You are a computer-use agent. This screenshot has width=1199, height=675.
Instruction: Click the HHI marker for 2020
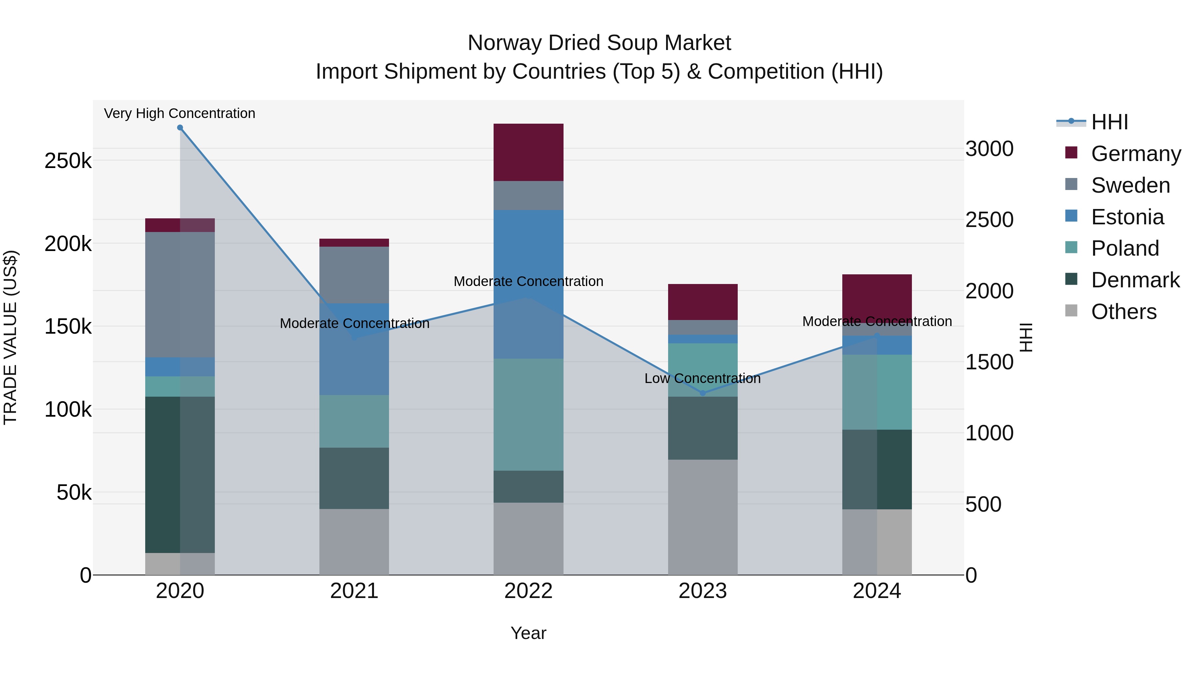coord(180,128)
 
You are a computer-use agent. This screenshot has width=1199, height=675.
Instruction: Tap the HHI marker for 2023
coord(703,393)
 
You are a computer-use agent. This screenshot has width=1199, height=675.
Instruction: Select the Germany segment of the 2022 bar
coord(528,152)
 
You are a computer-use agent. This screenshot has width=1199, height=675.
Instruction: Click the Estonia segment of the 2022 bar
coord(528,284)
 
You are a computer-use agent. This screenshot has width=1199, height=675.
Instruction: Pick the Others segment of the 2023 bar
coord(703,517)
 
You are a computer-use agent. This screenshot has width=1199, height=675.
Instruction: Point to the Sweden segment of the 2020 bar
coord(180,294)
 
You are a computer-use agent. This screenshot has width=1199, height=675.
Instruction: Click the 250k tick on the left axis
coord(68,161)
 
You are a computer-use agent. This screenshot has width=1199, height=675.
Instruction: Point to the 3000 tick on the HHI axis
coord(990,149)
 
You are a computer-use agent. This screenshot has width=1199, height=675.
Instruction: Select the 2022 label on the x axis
coord(528,591)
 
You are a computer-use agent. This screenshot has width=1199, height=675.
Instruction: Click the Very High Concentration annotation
coord(180,113)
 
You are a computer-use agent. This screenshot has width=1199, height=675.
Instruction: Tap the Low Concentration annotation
coord(702,378)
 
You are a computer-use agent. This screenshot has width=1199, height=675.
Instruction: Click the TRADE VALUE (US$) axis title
coord(10,337)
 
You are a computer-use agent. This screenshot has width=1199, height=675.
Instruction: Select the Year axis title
coord(528,633)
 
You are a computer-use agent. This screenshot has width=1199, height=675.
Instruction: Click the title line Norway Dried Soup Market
coord(599,43)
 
